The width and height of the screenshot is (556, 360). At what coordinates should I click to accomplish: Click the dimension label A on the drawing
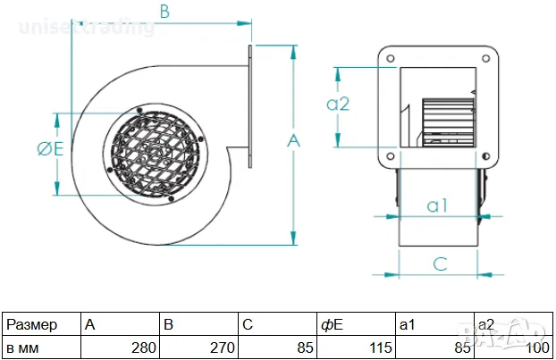[293, 140]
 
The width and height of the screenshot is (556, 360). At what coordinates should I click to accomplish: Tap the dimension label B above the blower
[164, 12]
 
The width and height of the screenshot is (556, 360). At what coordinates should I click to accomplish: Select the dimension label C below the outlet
[440, 263]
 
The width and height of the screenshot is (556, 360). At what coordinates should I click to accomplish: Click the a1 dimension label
[437, 205]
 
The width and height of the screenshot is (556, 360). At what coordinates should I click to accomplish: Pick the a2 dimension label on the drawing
[338, 104]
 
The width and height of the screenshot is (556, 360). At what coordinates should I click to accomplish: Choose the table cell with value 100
[513, 347]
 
